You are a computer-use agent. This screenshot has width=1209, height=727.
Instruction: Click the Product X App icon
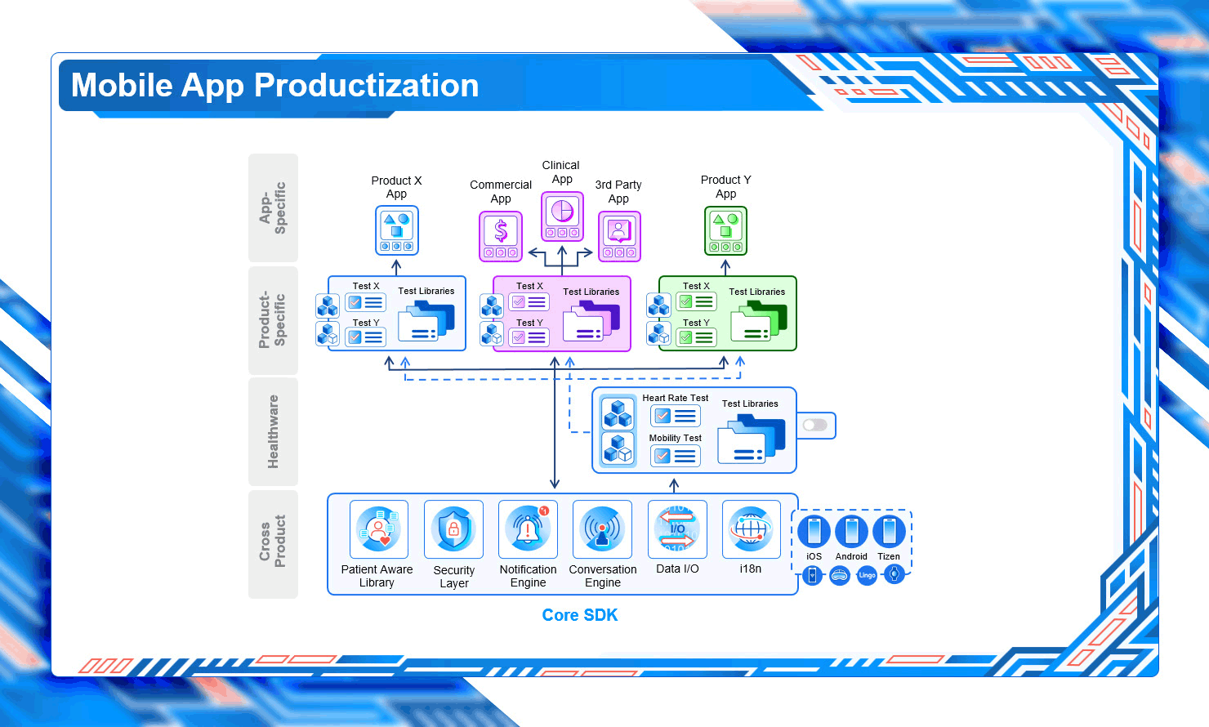397,230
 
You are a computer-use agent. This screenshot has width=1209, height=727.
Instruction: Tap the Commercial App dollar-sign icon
501,236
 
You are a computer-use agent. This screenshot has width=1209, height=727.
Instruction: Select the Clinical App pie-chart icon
562,216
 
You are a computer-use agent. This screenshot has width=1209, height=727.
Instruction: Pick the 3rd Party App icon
619,236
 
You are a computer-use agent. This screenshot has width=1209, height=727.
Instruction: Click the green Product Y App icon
726,230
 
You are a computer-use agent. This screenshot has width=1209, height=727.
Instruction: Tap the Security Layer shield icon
453,529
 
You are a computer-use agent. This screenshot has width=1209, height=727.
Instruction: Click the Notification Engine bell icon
528,529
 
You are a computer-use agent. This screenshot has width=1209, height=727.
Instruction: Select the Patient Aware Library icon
379,529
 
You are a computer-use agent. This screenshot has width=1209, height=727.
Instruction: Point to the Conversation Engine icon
602,529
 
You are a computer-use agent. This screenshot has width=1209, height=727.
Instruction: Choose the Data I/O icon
677,529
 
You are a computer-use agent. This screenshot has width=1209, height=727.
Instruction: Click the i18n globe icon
752,529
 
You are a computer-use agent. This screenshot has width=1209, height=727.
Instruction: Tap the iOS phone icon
814,532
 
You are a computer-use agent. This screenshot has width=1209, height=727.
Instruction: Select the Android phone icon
852,532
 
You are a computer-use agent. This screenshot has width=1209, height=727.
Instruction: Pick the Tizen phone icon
889,532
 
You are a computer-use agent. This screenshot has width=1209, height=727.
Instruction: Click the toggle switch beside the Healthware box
815,426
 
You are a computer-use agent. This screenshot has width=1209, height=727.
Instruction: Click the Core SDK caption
580,615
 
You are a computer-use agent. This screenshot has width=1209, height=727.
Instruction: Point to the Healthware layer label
273,431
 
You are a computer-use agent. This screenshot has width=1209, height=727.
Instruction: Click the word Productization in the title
367,85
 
